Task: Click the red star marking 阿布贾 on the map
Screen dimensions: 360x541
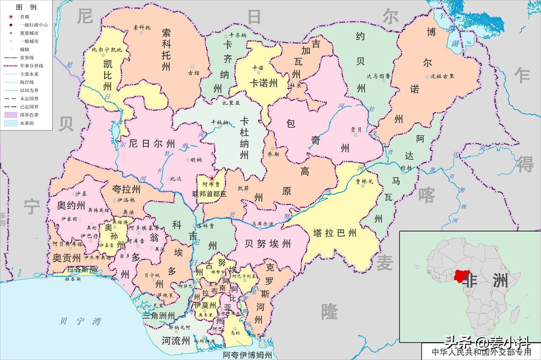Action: tap(212, 178)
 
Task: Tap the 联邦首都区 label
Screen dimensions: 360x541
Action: tap(209, 194)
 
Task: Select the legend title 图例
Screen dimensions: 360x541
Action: tap(26, 7)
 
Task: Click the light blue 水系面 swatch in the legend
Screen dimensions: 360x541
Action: tap(10, 123)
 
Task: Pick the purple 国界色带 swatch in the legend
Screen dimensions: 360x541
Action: tap(10, 115)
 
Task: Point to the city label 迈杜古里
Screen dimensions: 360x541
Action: tap(442, 76)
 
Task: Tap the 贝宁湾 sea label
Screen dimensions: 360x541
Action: tap(80, 321)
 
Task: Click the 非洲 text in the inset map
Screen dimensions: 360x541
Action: tap(486, 280)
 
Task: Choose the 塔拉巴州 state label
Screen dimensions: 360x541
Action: tap(335, 233)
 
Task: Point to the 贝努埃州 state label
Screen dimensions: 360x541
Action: tap(268, 243)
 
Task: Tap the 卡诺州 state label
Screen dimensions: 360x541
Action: tap(263, 83)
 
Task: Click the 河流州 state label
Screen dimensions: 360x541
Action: tap(176, 341)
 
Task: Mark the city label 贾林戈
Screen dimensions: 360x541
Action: tap(364, 181)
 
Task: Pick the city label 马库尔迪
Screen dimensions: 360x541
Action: tap(262, 224)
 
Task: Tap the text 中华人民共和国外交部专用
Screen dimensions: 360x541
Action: tap(481, 351)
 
